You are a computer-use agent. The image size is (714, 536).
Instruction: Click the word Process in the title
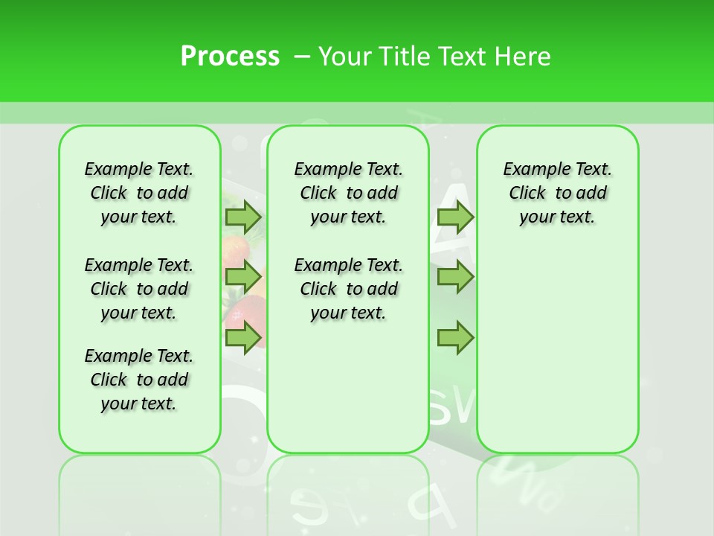pyautogui.click(x=230, y=56)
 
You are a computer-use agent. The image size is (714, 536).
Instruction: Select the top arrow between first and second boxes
pyautogui.click(x=243, y=217)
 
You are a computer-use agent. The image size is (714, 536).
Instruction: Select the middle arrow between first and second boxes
pyautogui.click(x=243, y=277)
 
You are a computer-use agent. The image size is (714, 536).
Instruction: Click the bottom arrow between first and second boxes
pyautogui.click(x=243, y=337)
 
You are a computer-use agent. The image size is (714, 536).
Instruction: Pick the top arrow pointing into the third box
pyautogui.click(x=455, y=217)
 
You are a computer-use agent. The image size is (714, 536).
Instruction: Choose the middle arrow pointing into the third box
pyautogui.click(x=455, y=277)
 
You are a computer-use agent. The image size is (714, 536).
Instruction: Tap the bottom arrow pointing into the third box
pyautogui.click(x=455, y=337)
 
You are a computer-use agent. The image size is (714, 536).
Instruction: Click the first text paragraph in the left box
pyautogui.click(x=139, y=193)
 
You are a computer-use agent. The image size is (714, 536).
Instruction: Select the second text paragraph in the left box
pyautogui.click(x=139, y=289)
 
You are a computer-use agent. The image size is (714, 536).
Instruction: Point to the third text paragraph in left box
pyautogui.click(x=139, y=380)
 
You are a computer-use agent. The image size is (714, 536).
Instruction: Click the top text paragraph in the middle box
pyautogui.click(x=348, y=193)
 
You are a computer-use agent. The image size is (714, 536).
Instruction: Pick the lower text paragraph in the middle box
pyautogui.click(x=348, y=289)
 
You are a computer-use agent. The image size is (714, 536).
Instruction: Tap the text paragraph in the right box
pyautogui.click(x=557, y=193)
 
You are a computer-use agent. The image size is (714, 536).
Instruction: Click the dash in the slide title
pyautogui.click(x=302, y=56)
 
